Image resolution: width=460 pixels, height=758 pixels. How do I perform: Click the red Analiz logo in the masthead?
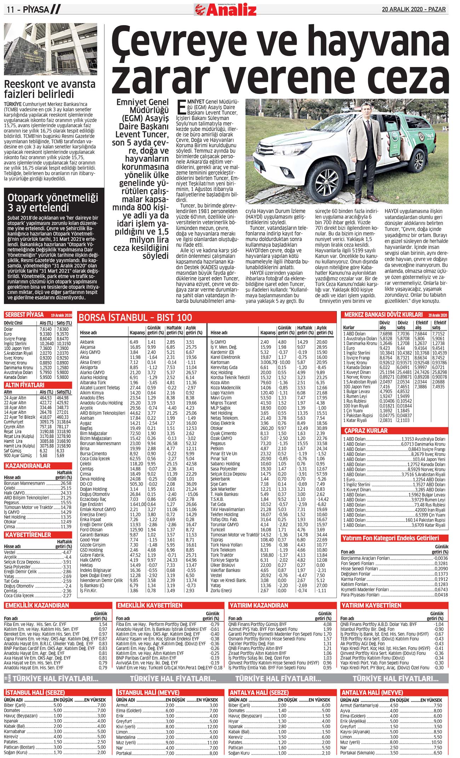click(226, 10)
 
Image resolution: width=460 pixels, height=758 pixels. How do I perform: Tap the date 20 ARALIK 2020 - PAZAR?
click(413, 9)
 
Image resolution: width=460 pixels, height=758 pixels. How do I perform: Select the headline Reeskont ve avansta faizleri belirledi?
click(50, 89)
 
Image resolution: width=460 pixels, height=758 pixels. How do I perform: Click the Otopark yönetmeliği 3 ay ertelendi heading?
click(53, 203)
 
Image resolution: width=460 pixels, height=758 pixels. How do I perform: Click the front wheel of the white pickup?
click(324, 181)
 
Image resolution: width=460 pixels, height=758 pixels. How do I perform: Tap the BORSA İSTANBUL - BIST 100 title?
click(136, 318)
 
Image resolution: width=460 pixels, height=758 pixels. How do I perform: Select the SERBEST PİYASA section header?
click(24, 315)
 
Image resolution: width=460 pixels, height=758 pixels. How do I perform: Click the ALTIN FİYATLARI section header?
click(24, 385)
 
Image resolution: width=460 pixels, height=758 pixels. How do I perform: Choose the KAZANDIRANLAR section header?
click(27, 466)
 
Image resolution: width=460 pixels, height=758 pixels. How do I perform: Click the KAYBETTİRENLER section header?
click(28, 535)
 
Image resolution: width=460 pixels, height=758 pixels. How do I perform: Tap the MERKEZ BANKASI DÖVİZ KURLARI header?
click(383, 314)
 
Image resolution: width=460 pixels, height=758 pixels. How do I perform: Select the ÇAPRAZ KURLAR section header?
click(366, 431)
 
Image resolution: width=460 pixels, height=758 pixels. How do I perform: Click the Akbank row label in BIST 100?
click(87, 342)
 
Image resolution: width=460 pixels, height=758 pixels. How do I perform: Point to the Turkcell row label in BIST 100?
click(218, 530)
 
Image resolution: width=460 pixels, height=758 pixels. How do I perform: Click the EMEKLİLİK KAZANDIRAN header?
click(37, 605)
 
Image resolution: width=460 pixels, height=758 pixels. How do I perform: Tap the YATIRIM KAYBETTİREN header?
click(371, 605)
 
